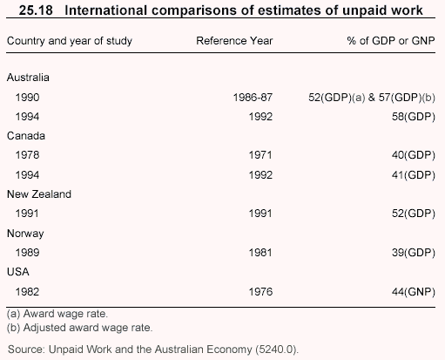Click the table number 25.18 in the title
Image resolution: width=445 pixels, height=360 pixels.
tap(36, 10)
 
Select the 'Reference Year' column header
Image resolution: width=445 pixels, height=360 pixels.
tap(234, 41)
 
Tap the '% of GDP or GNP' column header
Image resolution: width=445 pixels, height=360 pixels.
tap(391, 41)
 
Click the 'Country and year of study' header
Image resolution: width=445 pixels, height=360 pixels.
tap(70, 41)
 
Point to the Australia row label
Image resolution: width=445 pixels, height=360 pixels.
tap(28, 78)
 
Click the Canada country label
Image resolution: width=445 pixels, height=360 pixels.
tap(26, 136)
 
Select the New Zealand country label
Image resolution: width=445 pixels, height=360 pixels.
tap(39, 194)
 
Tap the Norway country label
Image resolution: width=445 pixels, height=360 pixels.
tap(25, 234)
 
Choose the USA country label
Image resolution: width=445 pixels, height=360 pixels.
tap(18, 272)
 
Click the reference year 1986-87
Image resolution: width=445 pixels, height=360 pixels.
tap(253, 98)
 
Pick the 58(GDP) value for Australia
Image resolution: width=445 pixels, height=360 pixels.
tap(414, 117)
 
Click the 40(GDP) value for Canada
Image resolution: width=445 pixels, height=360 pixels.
tap(414, 155)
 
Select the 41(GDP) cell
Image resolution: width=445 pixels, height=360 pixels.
tap(414, 175)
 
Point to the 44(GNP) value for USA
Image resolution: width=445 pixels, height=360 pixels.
tap(414, 292)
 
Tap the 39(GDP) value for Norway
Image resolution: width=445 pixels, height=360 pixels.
tap(414, 253)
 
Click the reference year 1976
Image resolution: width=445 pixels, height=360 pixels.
tap(260, 292)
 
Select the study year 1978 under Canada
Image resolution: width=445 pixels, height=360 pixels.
tap(27, 155)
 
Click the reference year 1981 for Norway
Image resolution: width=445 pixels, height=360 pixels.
tap(260, 253)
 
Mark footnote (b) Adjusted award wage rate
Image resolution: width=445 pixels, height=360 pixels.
tap(79, 328)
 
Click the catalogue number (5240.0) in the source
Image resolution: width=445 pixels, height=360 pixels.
tap(277, 350)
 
